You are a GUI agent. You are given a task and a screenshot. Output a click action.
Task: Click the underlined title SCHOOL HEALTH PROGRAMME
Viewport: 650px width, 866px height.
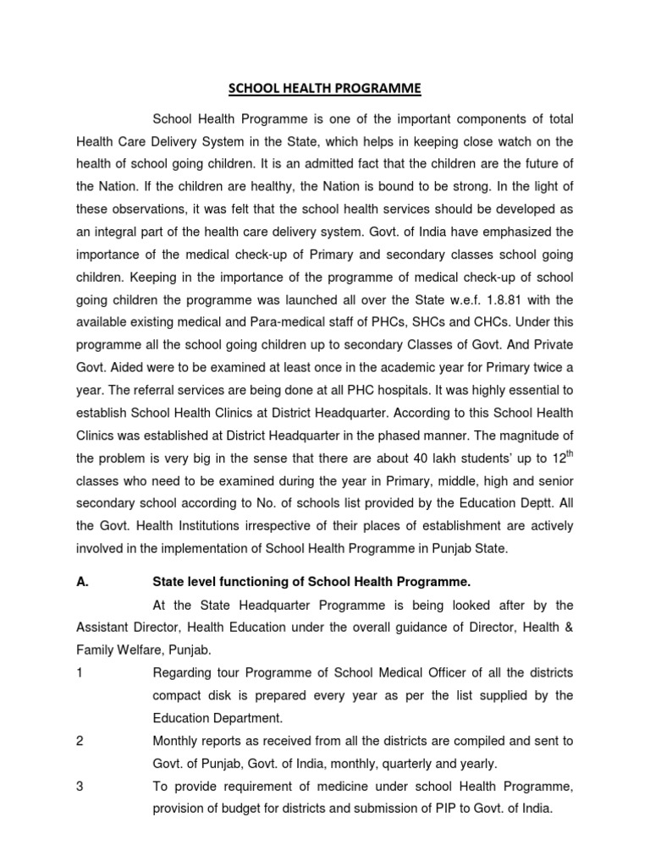[325, 87]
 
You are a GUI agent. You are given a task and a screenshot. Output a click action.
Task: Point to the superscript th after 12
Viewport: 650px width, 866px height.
[566, 454]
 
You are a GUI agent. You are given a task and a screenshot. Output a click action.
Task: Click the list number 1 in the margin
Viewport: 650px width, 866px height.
[79, 672]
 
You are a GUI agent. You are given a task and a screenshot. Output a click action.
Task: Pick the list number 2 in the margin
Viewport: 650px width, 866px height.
[80, 740]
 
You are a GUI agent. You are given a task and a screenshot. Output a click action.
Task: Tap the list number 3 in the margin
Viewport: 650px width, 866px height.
[80, 786]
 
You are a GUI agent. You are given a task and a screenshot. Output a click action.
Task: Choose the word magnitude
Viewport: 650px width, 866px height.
[523, 436]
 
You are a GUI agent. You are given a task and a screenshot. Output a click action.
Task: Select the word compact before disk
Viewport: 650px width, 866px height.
[179, 695]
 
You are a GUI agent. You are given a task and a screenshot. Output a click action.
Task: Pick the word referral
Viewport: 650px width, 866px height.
[223, 391]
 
